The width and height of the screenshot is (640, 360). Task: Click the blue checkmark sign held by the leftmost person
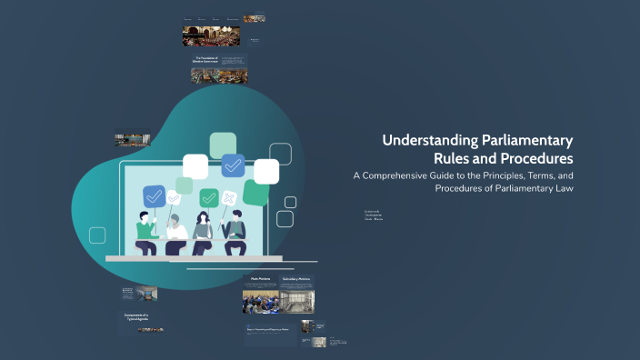pos(153,195)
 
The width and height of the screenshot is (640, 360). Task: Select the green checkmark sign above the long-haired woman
pos(209,197)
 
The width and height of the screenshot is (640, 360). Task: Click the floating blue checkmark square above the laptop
pos(233,165)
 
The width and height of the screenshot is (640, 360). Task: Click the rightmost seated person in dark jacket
pos(234,233)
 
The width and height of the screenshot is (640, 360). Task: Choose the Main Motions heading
pos(260,279)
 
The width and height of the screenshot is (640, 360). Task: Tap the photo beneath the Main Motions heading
pos(260,302)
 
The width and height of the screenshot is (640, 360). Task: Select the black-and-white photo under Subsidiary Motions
pos(297,302)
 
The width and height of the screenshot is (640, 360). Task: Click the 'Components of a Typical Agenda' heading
pos(137,317)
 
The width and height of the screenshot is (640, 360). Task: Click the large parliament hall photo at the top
pos(211,36)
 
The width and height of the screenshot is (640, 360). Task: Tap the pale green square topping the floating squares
pos(223,145)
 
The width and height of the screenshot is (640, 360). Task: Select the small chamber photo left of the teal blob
pos(133,141)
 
